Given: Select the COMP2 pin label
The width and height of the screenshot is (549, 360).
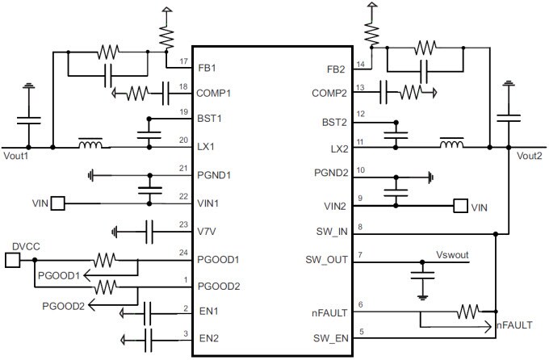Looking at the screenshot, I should coord(329,94).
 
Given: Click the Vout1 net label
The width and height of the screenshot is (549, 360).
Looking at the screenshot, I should coord(16,157).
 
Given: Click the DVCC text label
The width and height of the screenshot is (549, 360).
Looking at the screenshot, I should coord(26,245).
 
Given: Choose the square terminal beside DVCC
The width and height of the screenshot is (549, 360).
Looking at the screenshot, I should coord(12,260).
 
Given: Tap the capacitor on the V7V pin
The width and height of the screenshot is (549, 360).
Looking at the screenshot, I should coord(149,231).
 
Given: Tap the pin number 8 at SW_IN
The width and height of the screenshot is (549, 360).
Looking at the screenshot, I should coord(360,227).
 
